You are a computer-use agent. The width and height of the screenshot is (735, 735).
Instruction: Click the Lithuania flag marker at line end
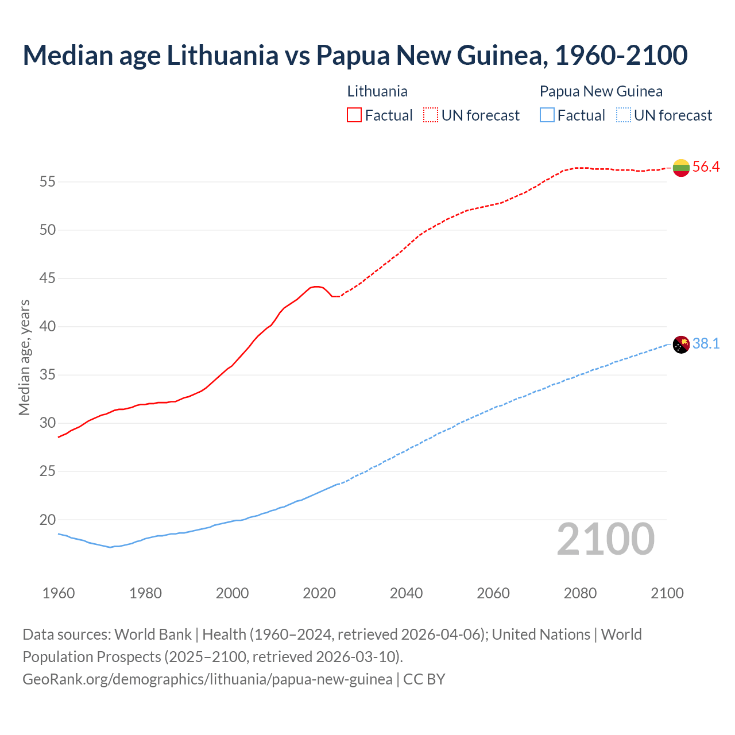(681, 168)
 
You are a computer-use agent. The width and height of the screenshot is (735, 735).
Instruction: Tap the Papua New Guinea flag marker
(681, 345)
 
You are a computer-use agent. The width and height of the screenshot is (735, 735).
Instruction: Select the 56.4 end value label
(706, 167)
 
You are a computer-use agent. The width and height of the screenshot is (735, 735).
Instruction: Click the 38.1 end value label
(706, 344)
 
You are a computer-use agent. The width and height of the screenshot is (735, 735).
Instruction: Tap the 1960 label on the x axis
(59, 593)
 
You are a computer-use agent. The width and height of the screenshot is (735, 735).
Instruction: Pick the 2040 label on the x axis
(406, 593)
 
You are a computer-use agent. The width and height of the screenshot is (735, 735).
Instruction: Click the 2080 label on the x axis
(580, 593)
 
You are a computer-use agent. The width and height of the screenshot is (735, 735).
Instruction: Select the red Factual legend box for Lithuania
(354, 115)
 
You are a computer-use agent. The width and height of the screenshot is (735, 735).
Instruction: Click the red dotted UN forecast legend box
(431, 115)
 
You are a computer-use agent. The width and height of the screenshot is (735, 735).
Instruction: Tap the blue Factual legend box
(547, 115)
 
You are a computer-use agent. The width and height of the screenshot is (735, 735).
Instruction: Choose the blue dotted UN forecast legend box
(623, 115)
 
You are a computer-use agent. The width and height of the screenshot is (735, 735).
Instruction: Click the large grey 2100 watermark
(605, 539)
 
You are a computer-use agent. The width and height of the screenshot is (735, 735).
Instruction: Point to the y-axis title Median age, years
(24, 357)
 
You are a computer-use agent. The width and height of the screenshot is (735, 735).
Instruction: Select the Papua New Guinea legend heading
(601, 91)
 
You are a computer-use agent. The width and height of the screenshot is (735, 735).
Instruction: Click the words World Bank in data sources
(153, 634)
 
